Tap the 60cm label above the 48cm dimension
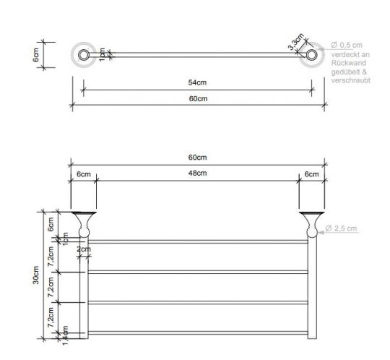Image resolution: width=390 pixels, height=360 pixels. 197,158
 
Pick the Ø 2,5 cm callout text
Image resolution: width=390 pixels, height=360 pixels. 341,229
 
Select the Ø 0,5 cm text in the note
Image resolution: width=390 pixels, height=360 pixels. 347,46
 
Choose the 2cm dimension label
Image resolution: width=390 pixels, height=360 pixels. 84,249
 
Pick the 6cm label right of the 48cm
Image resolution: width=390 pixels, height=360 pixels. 311,174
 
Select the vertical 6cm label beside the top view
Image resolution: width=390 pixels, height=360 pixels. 36,55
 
